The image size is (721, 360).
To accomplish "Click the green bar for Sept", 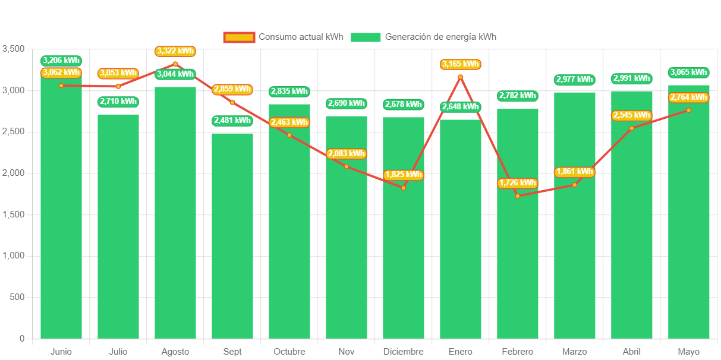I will tap(232, 238).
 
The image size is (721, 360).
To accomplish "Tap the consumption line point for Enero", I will tap(461, 77).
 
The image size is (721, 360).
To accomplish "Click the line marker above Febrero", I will tap(518, 196).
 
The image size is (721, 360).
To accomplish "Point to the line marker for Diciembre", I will tap(404, 188).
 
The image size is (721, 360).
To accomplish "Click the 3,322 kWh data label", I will tap(175, 51).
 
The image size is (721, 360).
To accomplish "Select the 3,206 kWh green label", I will tap(61, 61).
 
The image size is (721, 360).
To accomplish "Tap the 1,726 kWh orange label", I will tap(518, 183).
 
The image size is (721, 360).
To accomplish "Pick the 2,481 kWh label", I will tap(232, 121).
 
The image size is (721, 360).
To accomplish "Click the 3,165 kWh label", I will tap(461, 64).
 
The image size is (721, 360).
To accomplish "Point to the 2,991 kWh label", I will tap(631, 78).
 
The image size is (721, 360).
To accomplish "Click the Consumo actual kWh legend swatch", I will tap(239, 37).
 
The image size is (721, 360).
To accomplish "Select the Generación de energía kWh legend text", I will tap(440, 37).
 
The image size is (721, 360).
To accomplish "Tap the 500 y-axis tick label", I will tap(17, 297).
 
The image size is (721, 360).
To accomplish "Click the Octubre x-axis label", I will tap(289, 352).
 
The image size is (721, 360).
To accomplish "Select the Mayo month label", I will tap(688, 352).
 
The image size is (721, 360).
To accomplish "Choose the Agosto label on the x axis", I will tap(175, 352).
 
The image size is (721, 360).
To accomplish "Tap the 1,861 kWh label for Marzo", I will tap(574, 172).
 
